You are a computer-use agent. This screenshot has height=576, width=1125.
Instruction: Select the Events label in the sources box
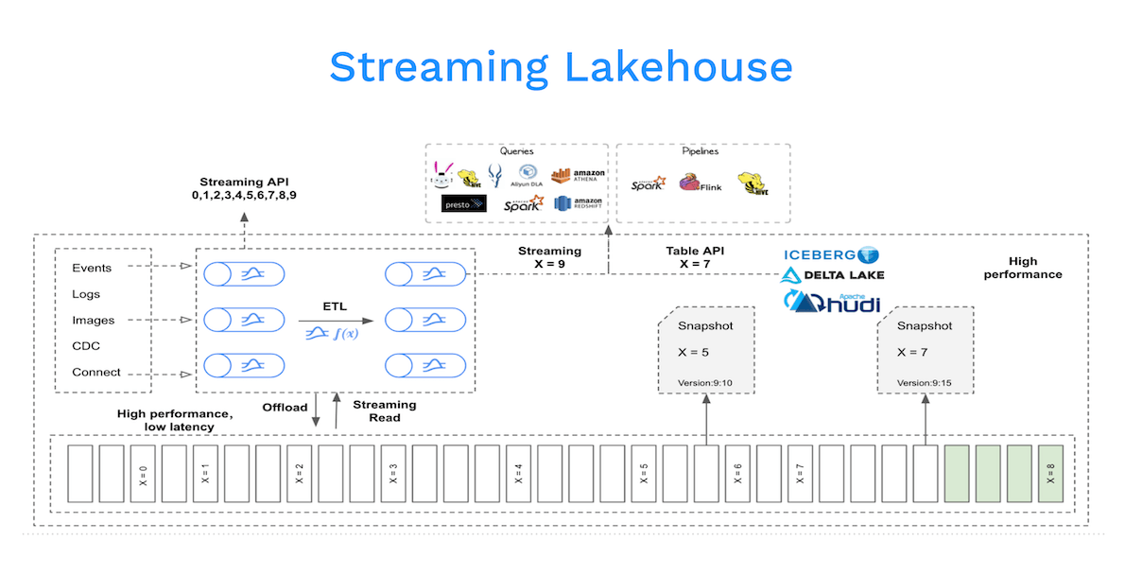92,268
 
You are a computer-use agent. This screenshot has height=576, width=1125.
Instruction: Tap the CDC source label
86,346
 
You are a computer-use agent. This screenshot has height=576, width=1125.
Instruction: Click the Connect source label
96,372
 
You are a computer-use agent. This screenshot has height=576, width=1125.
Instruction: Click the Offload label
285,408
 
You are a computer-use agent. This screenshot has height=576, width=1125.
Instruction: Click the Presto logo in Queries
463,203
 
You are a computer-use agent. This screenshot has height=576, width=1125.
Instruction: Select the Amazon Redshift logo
578,203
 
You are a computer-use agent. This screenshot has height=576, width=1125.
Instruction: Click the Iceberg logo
831,254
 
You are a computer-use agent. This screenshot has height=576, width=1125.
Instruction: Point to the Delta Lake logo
832,275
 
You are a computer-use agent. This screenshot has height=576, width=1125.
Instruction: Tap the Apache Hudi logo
832,302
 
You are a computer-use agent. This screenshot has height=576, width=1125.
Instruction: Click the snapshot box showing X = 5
705,350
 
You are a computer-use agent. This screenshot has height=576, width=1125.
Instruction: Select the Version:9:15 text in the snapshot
924,383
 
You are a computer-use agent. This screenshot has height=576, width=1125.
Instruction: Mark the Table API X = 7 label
695,257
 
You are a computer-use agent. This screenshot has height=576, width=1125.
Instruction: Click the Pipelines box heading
701,150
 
